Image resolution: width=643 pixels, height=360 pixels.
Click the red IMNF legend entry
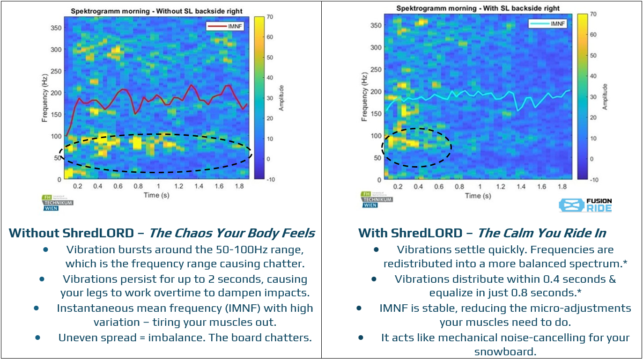[x=226, y=27]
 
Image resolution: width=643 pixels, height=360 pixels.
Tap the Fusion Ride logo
[x=585, y=205]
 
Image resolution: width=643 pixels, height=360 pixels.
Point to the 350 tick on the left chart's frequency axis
[x=56, y=28]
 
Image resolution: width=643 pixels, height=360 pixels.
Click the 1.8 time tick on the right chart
[x=562, y=187]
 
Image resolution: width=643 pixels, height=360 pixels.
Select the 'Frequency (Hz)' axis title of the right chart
[x=364, y=97]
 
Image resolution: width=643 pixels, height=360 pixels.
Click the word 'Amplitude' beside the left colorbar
[x=281, y=98]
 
